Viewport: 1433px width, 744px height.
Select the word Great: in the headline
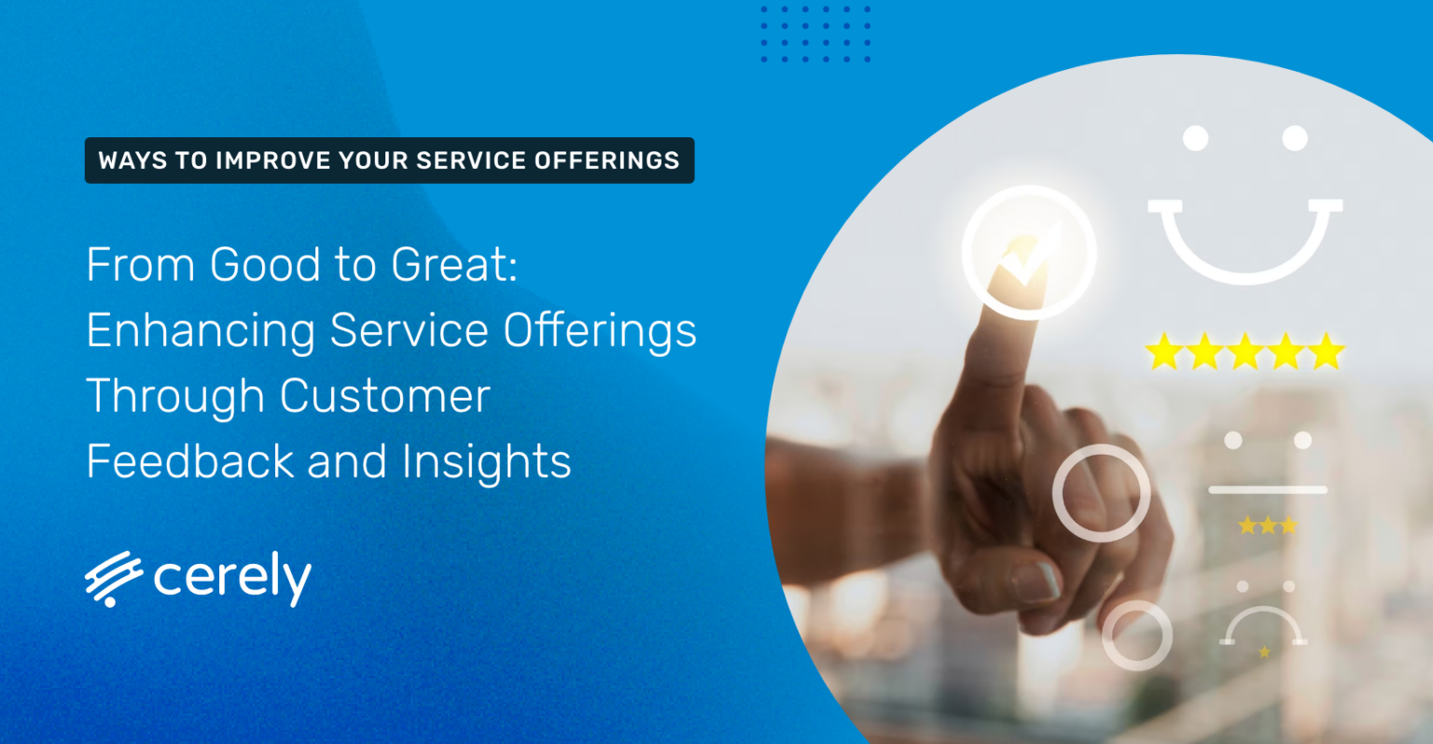pos(454,265)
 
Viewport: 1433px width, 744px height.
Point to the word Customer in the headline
pos(385,396)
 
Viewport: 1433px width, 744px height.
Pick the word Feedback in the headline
pos(189,461)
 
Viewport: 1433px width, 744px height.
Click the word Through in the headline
pos(175,397)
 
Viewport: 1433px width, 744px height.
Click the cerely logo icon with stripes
pos(113,579)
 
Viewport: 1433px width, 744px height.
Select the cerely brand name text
pos(232,580)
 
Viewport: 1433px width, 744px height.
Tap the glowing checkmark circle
pos(1028,252)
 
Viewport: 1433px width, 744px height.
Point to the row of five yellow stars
pos(1245,353)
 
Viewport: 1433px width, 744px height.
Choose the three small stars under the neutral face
pos(1267,526)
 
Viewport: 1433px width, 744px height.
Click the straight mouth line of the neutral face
pos(1267,489)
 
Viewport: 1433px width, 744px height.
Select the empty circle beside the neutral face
pos(1101,493)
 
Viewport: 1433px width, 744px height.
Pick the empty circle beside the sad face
pos(1136,635)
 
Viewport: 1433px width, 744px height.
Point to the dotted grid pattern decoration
pos(815,35)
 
